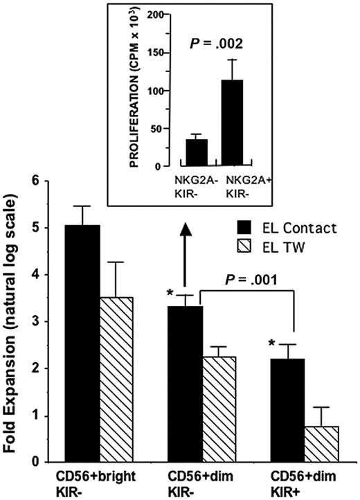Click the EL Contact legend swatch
pyautogui.click(x=242, y=228)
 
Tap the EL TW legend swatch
pyautogui.click(x=242, y=244)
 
